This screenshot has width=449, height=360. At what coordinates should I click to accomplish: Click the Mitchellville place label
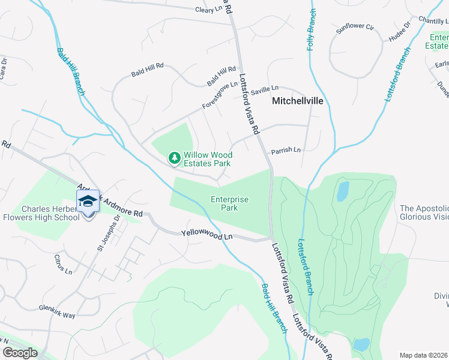298,101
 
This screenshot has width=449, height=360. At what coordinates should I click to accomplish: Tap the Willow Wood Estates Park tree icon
175,158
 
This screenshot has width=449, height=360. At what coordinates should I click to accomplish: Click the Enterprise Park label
229,204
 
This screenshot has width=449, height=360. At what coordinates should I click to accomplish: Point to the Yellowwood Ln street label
206,236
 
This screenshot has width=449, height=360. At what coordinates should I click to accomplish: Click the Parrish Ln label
285,151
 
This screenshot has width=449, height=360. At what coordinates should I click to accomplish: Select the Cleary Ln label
209,10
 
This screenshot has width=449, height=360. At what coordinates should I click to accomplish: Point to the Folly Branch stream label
312,29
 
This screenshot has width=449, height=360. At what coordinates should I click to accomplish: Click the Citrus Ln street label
64,268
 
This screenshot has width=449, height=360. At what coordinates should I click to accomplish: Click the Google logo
20,353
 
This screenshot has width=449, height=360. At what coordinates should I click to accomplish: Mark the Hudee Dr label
399,32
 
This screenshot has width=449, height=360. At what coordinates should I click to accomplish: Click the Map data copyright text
424,355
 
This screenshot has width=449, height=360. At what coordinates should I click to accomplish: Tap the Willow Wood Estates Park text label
207,159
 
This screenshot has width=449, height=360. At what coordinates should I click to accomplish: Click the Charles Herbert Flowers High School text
50,214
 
